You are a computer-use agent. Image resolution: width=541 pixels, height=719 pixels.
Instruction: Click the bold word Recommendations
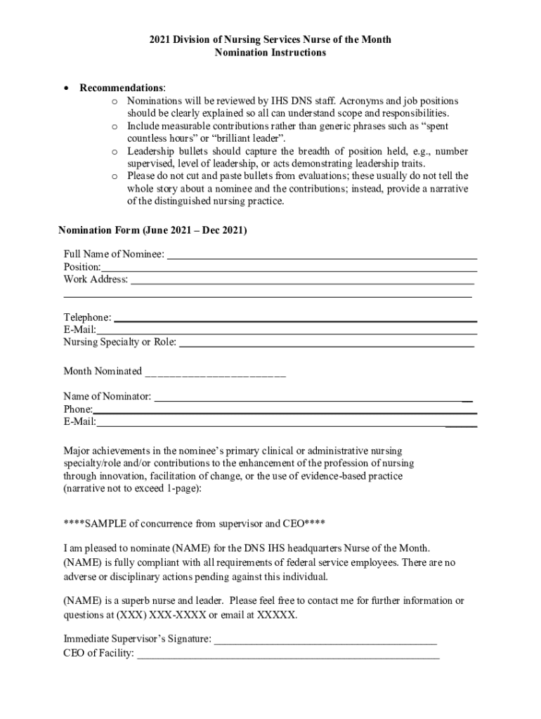(x=122, y=88)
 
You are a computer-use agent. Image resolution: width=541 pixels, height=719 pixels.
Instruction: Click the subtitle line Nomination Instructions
(x=270, y=53)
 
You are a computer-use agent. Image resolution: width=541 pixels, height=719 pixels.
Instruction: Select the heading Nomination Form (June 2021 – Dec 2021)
(x=152, y=230)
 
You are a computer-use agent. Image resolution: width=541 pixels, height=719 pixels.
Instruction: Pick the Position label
(x=82, y=267)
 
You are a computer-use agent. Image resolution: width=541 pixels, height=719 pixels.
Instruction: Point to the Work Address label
(x=96, y=279)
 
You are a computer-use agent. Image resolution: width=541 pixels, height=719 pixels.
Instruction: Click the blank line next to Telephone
(x=295, y=319)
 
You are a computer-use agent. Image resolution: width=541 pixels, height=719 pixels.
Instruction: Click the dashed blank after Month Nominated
(x=215, y=373)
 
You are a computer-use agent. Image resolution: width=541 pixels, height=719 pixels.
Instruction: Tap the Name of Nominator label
(x=107, y=397)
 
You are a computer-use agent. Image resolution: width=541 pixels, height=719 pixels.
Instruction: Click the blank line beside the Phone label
(x=285, y=411)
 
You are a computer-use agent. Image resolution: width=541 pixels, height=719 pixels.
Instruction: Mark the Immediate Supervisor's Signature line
(x=325, y=641)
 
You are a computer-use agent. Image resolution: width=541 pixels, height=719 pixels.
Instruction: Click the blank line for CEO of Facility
(x=288, y=657)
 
